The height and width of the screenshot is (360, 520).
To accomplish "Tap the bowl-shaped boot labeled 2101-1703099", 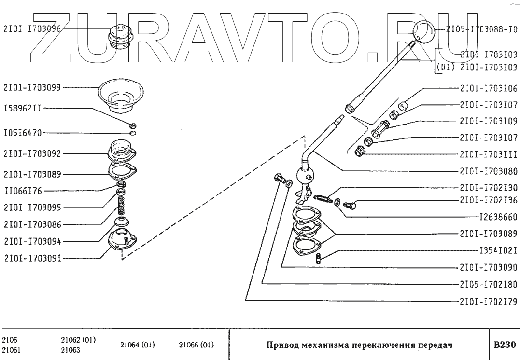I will tap(120, 94).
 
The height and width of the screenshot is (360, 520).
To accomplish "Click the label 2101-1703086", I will tap(32, 224).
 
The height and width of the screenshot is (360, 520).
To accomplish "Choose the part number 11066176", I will tap(23, 191).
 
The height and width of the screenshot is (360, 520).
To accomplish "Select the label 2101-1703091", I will tap(32, 258).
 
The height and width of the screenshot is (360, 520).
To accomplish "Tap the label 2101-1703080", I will tap(489, 171).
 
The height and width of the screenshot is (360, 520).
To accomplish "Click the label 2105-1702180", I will tap(489, 284).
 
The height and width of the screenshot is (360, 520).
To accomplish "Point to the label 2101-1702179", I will tap(489, 302).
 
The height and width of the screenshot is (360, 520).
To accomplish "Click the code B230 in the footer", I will tap(505, 346).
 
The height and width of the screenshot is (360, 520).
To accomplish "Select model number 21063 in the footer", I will tap(71, 351).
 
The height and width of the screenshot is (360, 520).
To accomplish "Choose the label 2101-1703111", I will tap(489, 154).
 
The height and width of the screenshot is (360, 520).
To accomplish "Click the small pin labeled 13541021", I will tap(319, 258).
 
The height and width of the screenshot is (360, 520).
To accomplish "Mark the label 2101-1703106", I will tap(489, 88).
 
